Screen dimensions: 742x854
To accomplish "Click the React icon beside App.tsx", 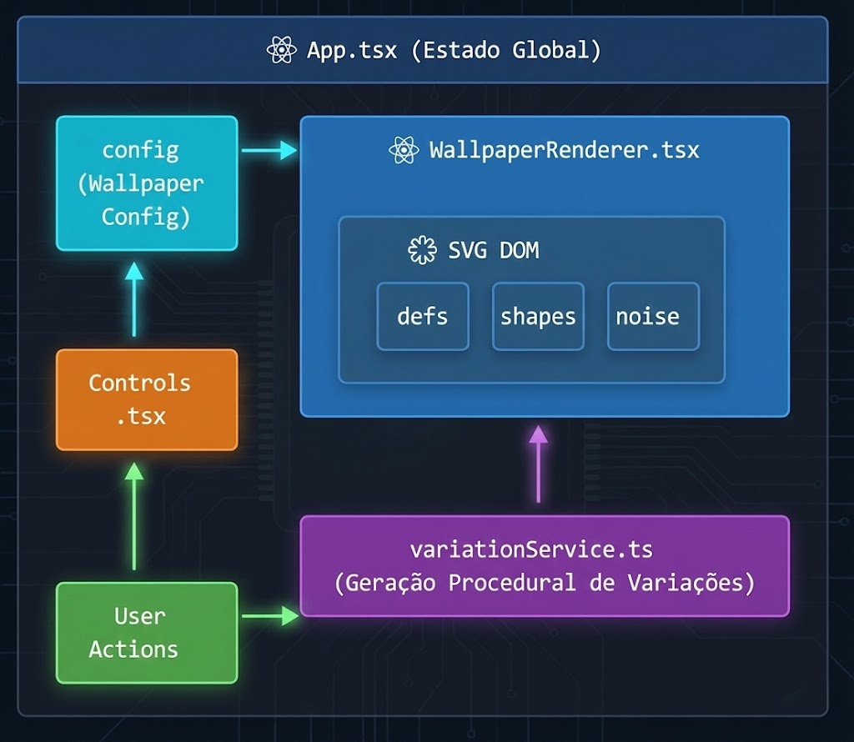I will [x=282, y=50].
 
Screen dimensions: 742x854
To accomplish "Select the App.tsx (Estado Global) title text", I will [x=453, y=50].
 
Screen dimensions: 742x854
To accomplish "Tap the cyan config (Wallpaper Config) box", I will [x=147, y=183].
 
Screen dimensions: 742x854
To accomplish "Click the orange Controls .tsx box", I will [x=147, y=399].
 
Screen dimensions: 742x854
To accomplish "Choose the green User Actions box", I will [x=147, y=633].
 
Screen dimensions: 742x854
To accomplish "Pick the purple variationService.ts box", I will [x=544, y=566].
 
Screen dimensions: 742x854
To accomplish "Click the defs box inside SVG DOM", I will [x=423, y=317].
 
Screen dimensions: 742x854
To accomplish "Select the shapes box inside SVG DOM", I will [x=538, y=317].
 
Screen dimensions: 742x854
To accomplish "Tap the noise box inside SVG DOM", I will [x=653, y=317].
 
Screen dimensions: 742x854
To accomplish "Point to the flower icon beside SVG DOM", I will [x=422, y=250].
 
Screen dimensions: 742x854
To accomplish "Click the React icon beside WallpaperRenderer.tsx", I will [x=404, y=151].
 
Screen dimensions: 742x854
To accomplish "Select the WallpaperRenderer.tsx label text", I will [x=564, y=151].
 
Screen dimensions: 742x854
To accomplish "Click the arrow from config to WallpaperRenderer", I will [x=269, y=150].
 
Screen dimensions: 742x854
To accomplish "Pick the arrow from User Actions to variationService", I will [x=269, y=616].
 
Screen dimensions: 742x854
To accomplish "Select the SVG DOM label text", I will [x=493, y=250].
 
